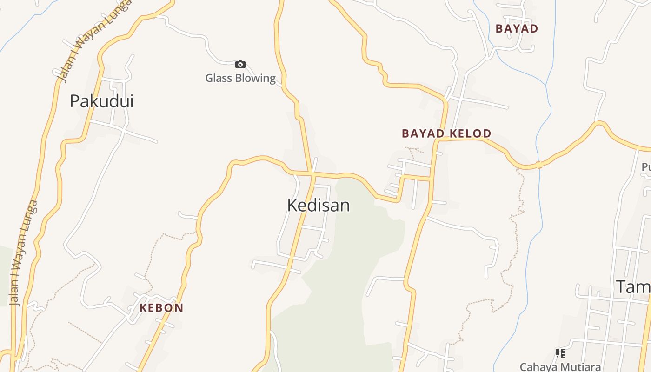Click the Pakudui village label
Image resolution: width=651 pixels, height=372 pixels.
101,101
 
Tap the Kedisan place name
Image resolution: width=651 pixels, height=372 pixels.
319,205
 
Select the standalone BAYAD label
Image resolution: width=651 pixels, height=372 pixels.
517,29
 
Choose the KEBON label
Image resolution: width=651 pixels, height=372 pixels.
161,308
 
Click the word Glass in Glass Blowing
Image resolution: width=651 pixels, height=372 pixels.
219,78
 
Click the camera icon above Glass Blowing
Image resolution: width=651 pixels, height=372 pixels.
240,64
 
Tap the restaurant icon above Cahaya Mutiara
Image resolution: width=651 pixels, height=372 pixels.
560,353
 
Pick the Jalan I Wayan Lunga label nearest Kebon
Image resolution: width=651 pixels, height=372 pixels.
23,253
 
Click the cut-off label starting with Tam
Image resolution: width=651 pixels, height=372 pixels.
633,287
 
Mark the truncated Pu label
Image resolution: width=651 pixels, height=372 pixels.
646,166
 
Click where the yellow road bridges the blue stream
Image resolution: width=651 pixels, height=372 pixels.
538,165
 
